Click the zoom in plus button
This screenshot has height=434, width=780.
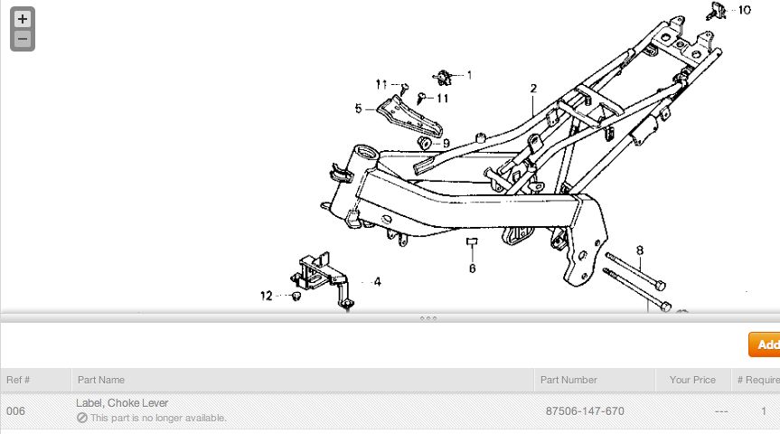(23, 18)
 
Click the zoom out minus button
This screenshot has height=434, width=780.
(23, 39)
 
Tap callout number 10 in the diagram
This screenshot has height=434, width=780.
(744, 10)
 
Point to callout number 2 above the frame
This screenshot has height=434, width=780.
(533, 88)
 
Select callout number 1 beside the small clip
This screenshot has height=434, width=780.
(469, 75)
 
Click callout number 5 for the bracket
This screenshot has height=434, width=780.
(358, 108)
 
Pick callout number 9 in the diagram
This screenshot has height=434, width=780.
(446, 143)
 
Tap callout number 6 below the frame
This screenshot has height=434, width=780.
(472, 268)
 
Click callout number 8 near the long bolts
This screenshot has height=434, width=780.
(640, 250)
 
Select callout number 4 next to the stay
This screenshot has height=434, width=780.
(377, 282)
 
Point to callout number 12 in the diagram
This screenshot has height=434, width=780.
(267, 296)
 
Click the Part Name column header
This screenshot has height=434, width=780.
(101, 380)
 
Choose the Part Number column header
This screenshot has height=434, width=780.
(568, 380)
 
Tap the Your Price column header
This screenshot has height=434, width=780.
(692, 380)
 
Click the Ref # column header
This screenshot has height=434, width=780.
(18, 380)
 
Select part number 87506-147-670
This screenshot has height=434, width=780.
(585, 411)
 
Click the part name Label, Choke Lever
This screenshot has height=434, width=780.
(122, 402)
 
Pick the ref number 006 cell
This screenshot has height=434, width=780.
(16, 411)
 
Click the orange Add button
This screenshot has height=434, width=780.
(766, 344)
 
